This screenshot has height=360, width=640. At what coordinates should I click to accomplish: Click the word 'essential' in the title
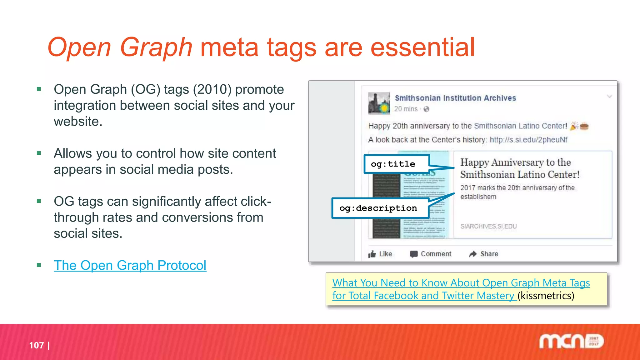(422, 47)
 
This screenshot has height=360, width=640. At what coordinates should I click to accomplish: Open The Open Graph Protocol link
(130, 266)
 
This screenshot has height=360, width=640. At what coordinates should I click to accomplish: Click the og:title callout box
(396, 164)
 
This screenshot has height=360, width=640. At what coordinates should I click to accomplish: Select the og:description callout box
(379, 208)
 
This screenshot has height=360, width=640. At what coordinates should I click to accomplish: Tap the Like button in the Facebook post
(380, 254)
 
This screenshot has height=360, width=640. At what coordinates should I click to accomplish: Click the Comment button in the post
(431, 254)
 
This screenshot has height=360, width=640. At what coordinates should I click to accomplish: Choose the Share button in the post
(484, 254)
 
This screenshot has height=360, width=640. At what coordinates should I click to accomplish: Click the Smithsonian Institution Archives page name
(455, 98)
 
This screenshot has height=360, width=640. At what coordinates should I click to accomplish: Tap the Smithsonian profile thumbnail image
(379, 103)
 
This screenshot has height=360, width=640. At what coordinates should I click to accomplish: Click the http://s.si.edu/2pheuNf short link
(528, 140)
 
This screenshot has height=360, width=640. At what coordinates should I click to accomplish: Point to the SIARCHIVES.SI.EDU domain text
(488, 226)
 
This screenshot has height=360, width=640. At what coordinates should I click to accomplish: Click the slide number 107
(36, 345)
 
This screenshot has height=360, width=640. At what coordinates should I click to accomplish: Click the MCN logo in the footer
(571, 342)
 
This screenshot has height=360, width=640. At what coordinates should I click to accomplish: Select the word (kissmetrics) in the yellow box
(546, 296)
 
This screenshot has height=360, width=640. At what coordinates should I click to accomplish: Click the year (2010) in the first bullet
(212, 90)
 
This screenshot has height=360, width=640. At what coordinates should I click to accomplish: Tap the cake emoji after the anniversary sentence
(584, 126)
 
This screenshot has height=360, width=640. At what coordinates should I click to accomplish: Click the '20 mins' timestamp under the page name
(406, 109)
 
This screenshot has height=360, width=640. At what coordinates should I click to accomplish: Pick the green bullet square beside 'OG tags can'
(39, 201)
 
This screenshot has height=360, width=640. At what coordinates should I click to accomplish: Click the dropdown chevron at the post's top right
(609, 97)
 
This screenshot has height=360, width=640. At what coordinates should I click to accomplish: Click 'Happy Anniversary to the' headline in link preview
(515, 162)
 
